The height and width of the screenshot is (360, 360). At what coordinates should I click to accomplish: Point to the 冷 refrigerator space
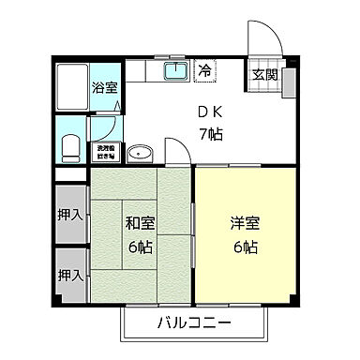coord(204,69)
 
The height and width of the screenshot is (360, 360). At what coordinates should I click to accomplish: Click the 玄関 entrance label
coord(262,76)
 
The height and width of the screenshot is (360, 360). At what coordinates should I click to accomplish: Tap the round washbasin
coord(139,152)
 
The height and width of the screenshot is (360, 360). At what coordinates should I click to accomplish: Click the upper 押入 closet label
coord(69,215)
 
